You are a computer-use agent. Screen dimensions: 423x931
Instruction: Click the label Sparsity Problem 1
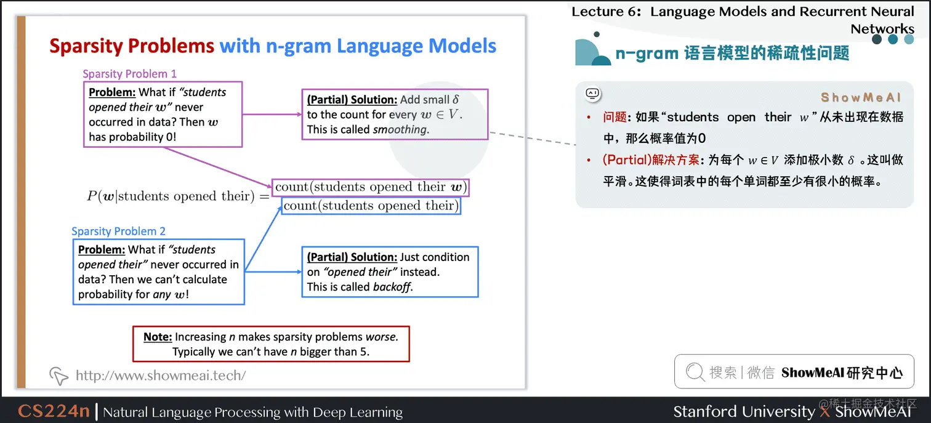[x=130, y=74]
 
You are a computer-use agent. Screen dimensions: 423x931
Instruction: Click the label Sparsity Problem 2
[x=119, y=232]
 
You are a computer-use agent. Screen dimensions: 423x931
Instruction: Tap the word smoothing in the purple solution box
[x=400, y=129]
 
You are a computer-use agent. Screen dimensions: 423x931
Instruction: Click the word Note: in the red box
[x=158, y=337]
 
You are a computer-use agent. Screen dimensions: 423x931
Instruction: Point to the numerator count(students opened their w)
[x=371, y=187]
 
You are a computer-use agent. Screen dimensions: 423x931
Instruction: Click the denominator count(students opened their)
[x=371, y=206]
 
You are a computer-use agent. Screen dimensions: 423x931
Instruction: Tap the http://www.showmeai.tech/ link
[x=160, y=375]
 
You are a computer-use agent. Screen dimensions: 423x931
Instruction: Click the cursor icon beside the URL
[x=58, y=375]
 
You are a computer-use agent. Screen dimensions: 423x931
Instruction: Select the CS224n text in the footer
[x=54, y=411]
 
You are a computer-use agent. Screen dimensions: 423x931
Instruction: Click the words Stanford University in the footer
[x=743, y=411]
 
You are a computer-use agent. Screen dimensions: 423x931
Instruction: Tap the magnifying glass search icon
[x=695, y=372]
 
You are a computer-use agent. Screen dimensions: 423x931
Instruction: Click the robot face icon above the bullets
[x=592, y=94]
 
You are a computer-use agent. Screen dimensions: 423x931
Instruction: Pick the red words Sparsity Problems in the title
[x=132, y=46]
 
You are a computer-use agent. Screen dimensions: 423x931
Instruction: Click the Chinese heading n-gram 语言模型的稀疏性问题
[x=732, y=54]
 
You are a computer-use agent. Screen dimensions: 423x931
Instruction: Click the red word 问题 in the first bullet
[x=615, y=117]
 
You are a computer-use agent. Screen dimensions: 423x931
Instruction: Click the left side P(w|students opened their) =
[x=178, y=196]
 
